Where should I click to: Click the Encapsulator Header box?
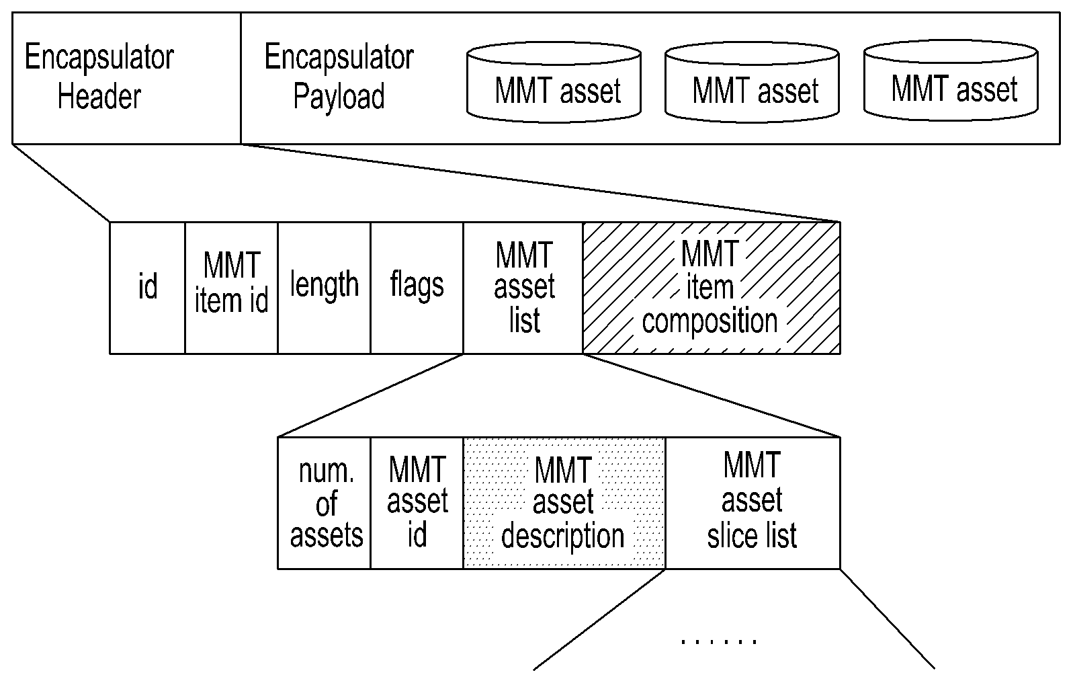click(126, 78)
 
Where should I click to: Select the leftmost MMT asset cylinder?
click(554, 83)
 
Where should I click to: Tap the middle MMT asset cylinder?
click(752, 83)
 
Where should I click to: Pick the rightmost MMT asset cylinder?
click(951, 81)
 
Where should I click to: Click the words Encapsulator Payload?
click(339, 76)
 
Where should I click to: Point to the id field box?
click(148, 288)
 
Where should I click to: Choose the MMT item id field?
click(231, 288)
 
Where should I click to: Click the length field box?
click(325, 288)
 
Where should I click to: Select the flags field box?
click(417, 288)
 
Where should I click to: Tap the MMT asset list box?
click(523, 288)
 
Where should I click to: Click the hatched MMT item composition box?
click(712, 288)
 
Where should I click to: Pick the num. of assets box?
click(325, 504)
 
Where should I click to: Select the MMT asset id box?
click(417, 504)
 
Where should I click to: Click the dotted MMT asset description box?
click(564, 504)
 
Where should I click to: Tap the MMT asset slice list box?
click(753, 504)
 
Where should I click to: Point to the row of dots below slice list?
click(718, 641)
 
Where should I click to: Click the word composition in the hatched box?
click(710, 321)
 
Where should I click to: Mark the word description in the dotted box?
click(563, 536)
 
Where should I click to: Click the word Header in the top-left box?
click(99, 96)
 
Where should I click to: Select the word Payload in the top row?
click(339, 97)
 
